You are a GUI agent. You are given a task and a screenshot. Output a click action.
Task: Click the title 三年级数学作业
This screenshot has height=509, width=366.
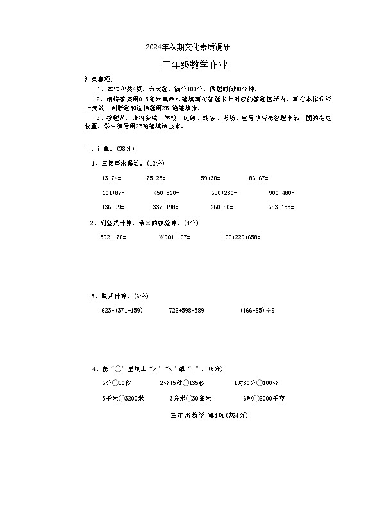tap(195, 65)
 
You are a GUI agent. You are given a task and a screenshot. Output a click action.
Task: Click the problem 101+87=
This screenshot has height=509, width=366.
tap(113, 193)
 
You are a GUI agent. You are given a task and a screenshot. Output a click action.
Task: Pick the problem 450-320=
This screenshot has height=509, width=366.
tap(166, 193)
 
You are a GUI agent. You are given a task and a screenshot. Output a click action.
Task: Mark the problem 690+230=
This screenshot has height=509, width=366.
tap(224, 193)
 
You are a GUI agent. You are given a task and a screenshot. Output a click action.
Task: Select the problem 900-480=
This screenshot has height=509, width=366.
tap(281, 193)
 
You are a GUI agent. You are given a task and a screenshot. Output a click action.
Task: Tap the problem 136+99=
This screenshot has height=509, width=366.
tap(113, 207)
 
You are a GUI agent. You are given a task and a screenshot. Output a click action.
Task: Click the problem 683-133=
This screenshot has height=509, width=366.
tap(281, 207)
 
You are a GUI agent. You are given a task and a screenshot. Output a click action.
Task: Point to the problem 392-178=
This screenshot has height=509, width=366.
tap(113, 237)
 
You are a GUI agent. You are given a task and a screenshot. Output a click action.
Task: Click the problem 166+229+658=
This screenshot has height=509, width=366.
tap(241, 237)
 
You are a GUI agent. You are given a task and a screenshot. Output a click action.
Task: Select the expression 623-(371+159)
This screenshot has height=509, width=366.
tap(121, 311)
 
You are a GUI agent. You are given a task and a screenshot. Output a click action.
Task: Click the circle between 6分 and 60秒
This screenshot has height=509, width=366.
tap(113, 383)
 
